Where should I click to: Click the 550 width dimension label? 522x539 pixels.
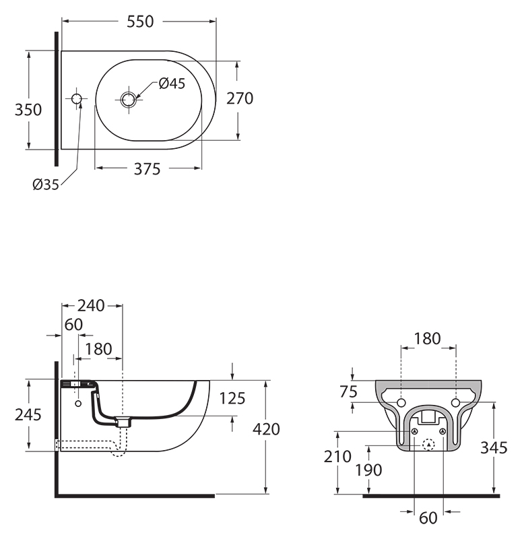[x=140, y=22]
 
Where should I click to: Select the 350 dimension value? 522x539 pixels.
[x=28, y=110]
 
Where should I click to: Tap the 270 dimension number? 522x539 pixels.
[x=240, y=98]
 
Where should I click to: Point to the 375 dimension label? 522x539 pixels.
[x=147, y=169]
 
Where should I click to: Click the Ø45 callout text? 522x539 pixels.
[x=172, y=84]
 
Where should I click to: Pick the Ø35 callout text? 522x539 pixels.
[x=46, y=185]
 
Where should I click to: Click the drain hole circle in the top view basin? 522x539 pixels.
[x=129, y=100]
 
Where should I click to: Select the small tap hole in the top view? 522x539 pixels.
[x=77, y=98]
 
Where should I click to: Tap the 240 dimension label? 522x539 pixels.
[x=91, y=306]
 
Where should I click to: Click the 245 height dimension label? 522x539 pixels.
[x=28, y=415]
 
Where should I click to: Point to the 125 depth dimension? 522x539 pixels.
[x=232, y=398]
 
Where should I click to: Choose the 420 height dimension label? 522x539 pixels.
[x=266, y=429]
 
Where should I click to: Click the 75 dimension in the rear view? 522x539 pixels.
[x=348, y=392]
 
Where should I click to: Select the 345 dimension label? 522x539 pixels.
[x=494, y=448]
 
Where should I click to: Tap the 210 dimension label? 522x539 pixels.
[x=337, y=457]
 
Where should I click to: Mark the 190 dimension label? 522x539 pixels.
[x=368, y=470]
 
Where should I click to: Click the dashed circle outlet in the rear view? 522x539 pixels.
[x=428, y=445]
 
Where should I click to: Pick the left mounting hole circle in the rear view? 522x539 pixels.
[x=401, y=402]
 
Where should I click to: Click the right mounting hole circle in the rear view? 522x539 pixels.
[x=456, y=402]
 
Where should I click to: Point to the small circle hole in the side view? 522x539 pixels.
[x=78, y=404]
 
